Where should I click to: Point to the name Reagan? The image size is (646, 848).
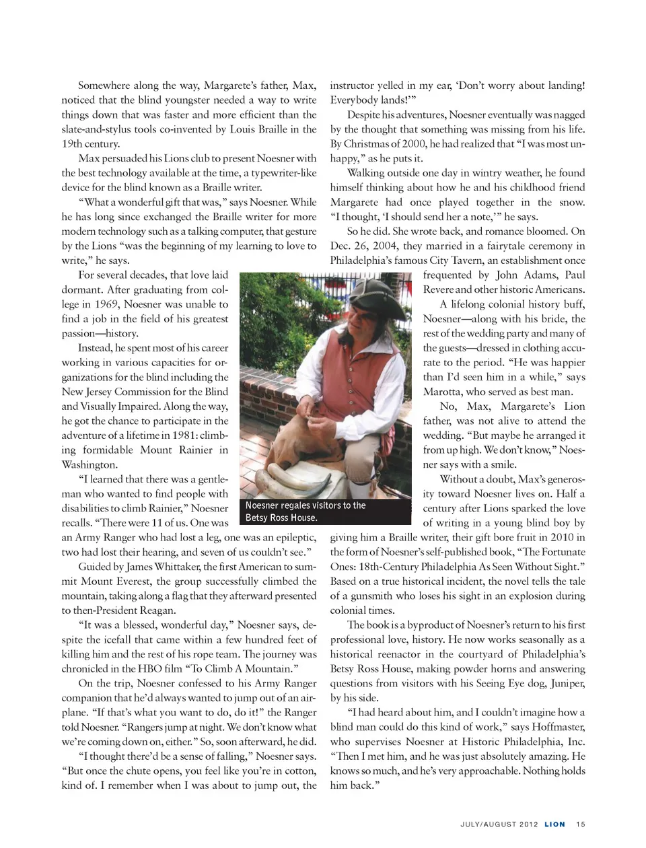tap(157, 610)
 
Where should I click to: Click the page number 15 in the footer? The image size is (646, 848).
tap(581, 824)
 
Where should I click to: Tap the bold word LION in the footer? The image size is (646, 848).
tap(554, 824)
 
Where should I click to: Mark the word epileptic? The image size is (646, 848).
tap(293, 538)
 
